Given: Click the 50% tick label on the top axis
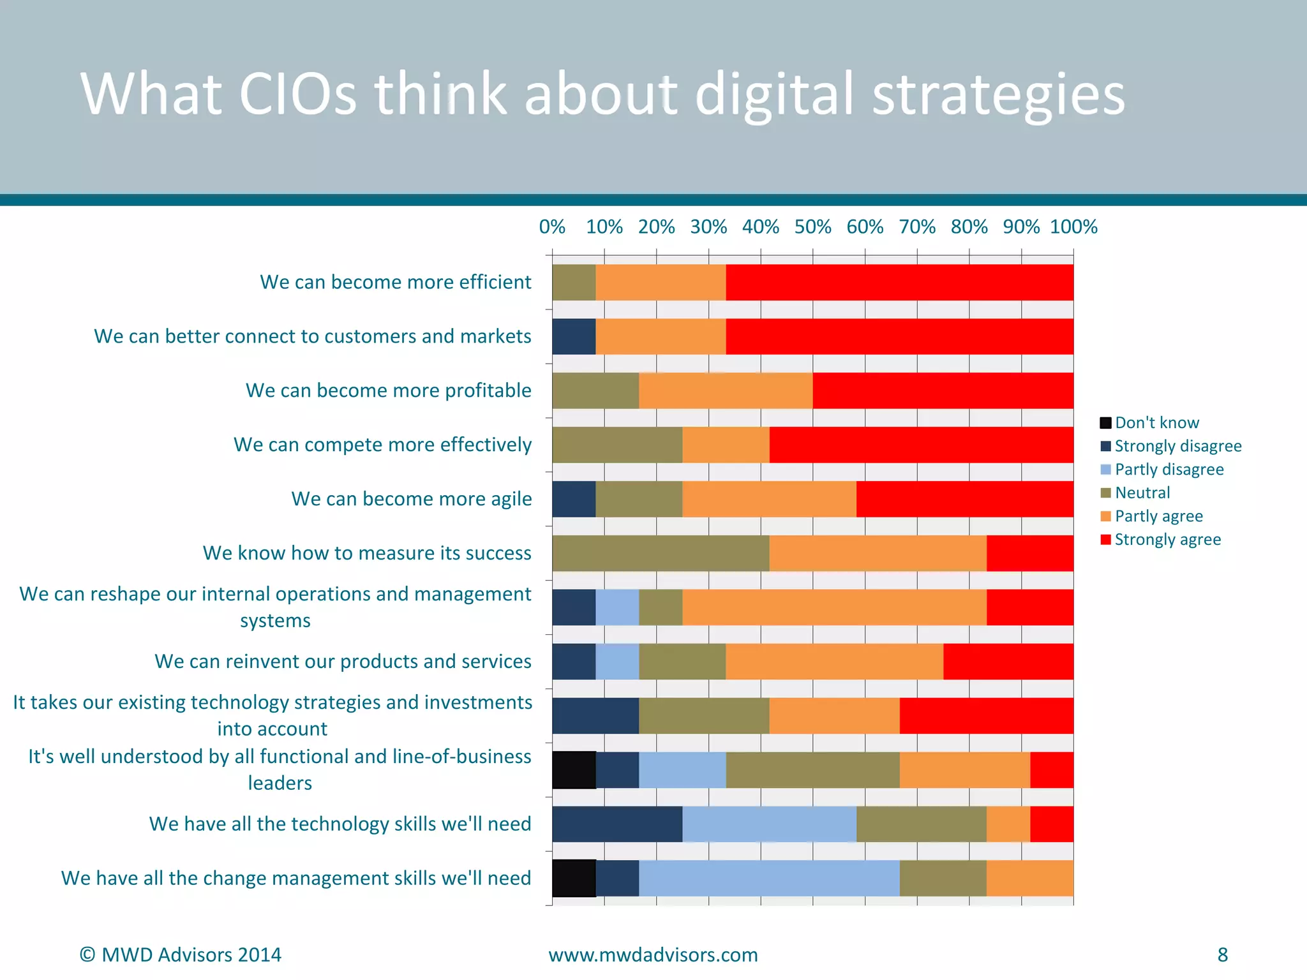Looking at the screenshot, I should tap(812, 226).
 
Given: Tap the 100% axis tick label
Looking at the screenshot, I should tap(1073, 226).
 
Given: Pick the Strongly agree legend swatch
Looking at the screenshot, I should tap(1106, 540).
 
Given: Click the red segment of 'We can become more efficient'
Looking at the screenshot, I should tap(899, 282).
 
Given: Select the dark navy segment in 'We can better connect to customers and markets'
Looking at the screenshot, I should tap(574, 336).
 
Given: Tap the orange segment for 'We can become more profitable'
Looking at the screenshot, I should tap(726, 390).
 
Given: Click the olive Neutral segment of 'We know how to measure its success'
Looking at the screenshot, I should tap(661, 553).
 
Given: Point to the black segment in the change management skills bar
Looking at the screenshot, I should tap(574, 879).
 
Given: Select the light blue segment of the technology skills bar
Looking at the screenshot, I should tap(769, 824).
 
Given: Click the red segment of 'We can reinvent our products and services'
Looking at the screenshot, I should tap(1008, 662).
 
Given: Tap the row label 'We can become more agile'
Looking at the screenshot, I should tap(411, 498).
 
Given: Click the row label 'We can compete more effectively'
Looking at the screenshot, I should tap(382, 444).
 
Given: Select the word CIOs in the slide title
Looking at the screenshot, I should tap(297, 94).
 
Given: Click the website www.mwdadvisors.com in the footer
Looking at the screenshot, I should tap(653, 954).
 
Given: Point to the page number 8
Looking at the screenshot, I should tap(1222, 954).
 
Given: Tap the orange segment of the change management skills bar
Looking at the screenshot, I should tap(1029, 879).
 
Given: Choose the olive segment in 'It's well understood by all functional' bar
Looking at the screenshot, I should tap(812, 770).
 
